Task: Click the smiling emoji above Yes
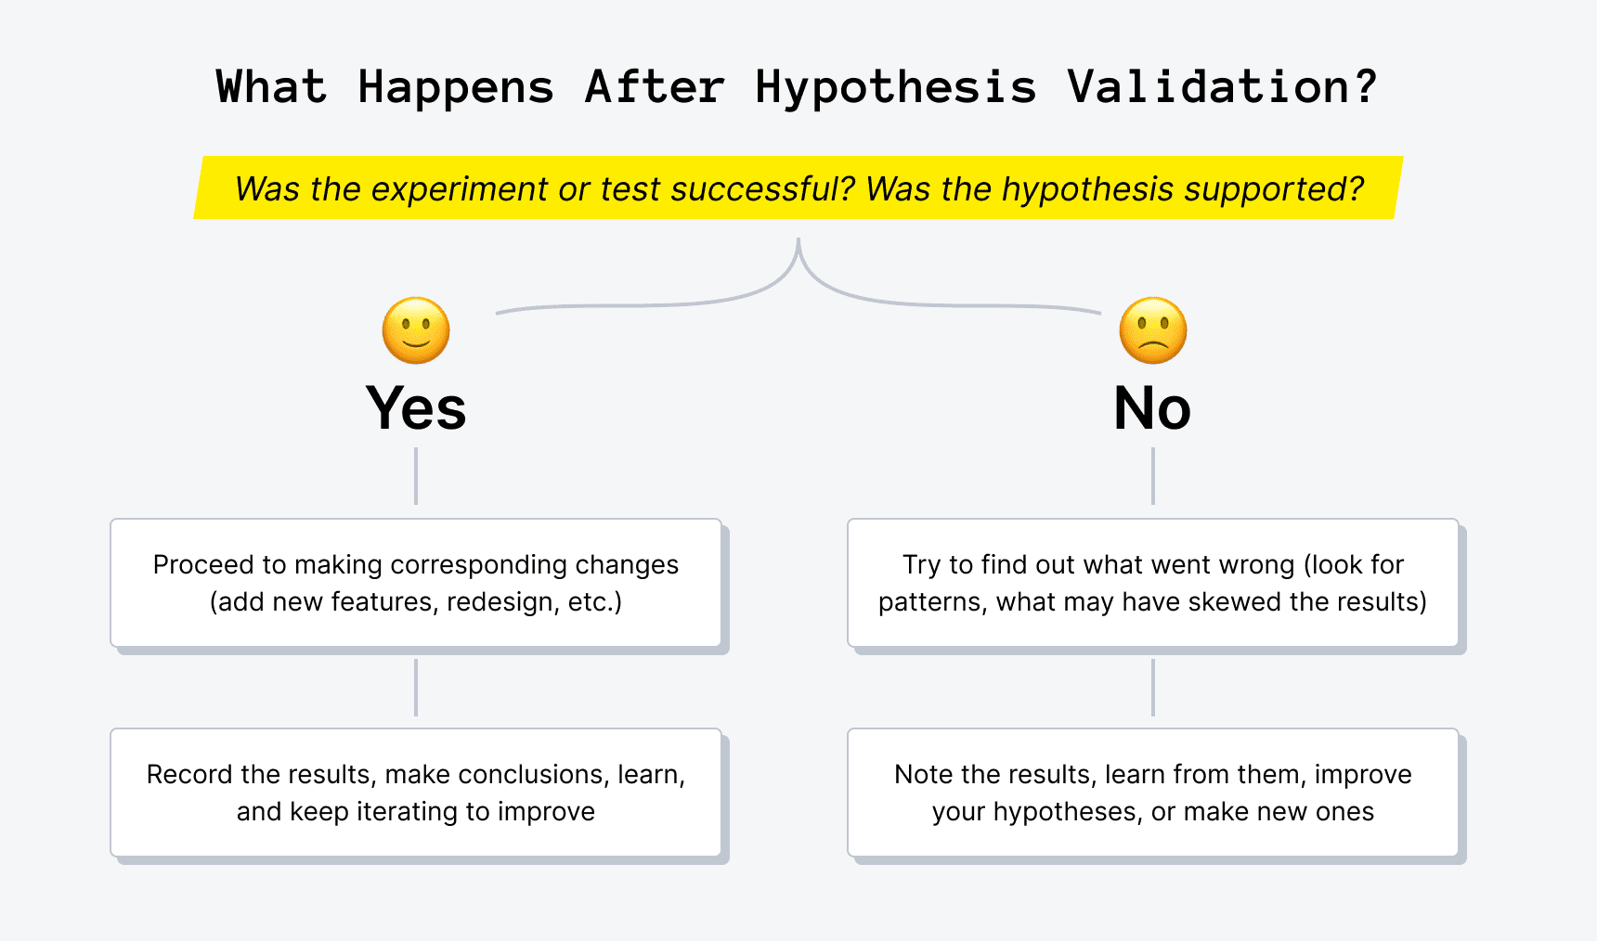416,330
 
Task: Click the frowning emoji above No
1153,330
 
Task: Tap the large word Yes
416,408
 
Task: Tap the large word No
1152,408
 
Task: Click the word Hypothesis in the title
895,88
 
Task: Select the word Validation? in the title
1222,88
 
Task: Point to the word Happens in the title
456,88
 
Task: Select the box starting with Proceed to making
416,583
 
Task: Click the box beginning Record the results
416,793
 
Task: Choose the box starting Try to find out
1152,583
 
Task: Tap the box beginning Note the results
1152,793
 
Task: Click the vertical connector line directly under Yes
416,476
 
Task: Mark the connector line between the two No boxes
1152,687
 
